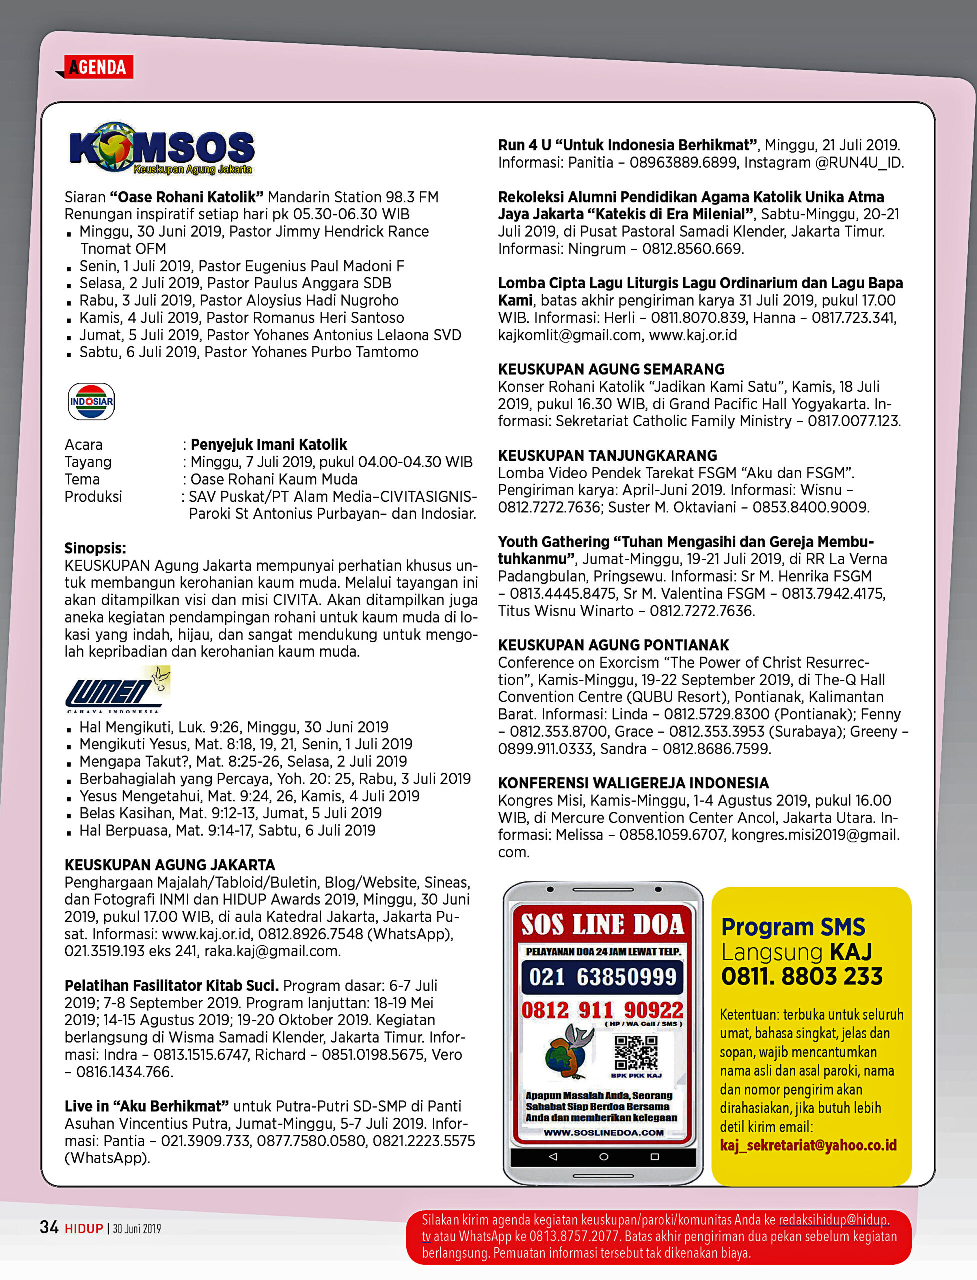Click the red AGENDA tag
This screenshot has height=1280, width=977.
98,67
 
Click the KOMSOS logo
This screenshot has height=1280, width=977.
162,149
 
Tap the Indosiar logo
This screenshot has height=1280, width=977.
91,401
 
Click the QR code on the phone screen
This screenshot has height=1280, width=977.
636,1052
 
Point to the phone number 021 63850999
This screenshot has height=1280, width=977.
603,977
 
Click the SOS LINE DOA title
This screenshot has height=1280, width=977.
603,925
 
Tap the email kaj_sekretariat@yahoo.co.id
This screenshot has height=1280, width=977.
808,1145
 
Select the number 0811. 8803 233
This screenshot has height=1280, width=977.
802,977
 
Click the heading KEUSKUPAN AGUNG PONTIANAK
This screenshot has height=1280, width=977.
613,645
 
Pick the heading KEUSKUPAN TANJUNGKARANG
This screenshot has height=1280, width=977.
607,455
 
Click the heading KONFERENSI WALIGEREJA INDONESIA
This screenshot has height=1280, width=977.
633,783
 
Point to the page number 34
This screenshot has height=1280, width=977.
49,1227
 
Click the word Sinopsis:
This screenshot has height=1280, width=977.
95,548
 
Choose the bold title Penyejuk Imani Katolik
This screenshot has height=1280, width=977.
269,445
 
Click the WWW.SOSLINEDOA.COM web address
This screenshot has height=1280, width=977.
603,1133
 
